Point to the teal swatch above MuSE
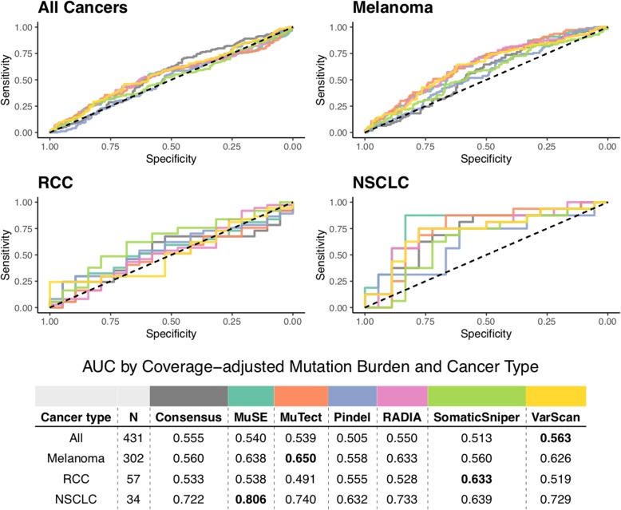[251, 395]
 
